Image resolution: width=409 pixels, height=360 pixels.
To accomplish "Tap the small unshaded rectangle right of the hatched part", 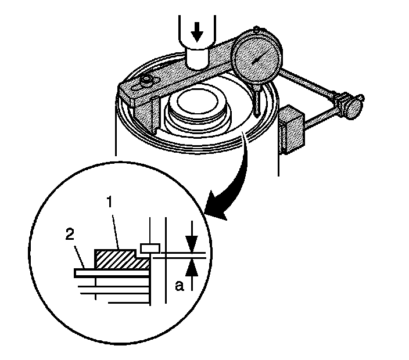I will coord(150,248).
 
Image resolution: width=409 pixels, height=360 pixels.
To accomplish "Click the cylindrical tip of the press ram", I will coord(197,58).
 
